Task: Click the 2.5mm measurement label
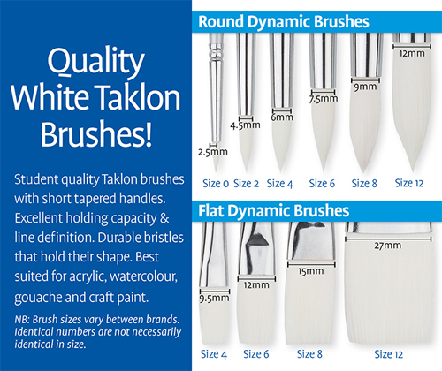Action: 213,152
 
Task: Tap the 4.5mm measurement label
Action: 245,125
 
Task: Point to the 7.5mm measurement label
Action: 324,99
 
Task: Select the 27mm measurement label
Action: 388,246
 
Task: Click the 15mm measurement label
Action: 311,271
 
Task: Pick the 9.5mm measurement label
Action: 214,299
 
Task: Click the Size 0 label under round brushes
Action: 216,184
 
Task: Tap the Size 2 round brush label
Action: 246,184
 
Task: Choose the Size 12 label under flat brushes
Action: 388,354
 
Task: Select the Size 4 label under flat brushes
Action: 214,354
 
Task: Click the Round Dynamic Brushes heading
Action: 284,22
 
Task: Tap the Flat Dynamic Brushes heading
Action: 273,211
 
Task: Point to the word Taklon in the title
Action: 138,97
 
